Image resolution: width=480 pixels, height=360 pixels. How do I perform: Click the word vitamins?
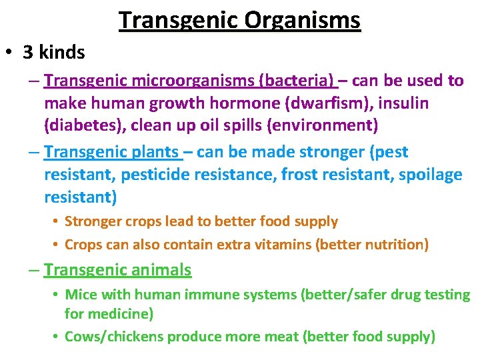(282, 245)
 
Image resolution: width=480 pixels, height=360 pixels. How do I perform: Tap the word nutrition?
(391, 245)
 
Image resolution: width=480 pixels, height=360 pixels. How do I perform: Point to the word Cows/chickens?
(115, 337)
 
